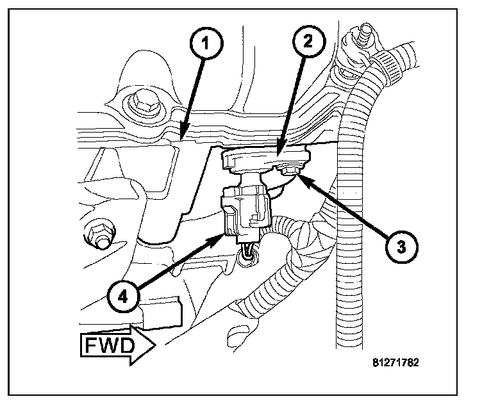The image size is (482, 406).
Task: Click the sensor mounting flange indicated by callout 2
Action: [266, 157]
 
